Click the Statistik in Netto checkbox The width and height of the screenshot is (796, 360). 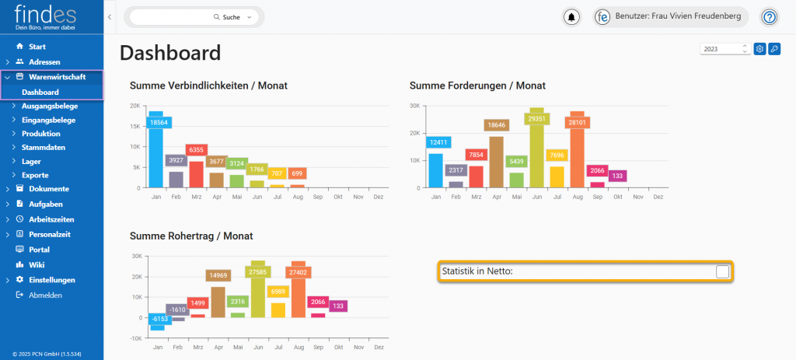(722, 271)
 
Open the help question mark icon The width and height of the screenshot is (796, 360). (769, 17)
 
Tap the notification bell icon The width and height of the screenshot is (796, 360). (572, 17)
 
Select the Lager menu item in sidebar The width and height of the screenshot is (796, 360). (31, 161)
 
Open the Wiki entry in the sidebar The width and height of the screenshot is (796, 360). (37, 264)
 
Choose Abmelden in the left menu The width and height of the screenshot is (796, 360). (45, 295)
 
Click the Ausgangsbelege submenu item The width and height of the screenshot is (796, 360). (48, 106)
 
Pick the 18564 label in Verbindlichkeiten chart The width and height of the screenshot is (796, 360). (159, 122)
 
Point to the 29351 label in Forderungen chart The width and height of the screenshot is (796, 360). (536, 119)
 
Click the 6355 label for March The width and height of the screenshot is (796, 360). (197, 149)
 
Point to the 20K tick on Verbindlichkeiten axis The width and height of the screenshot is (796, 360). (134, 106)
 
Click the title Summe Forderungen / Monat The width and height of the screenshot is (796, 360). (477, 86)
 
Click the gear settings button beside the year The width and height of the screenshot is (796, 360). (760, 49)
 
